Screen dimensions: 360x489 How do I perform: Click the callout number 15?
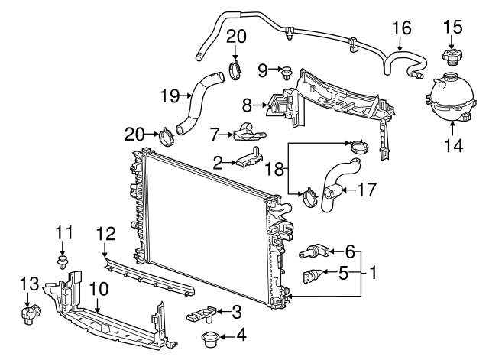click(452, 28)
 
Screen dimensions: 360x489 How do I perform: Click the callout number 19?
click(170, 96)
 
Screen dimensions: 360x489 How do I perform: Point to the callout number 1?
click(374, 271)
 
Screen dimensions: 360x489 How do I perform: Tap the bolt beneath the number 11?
click(63, 263)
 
